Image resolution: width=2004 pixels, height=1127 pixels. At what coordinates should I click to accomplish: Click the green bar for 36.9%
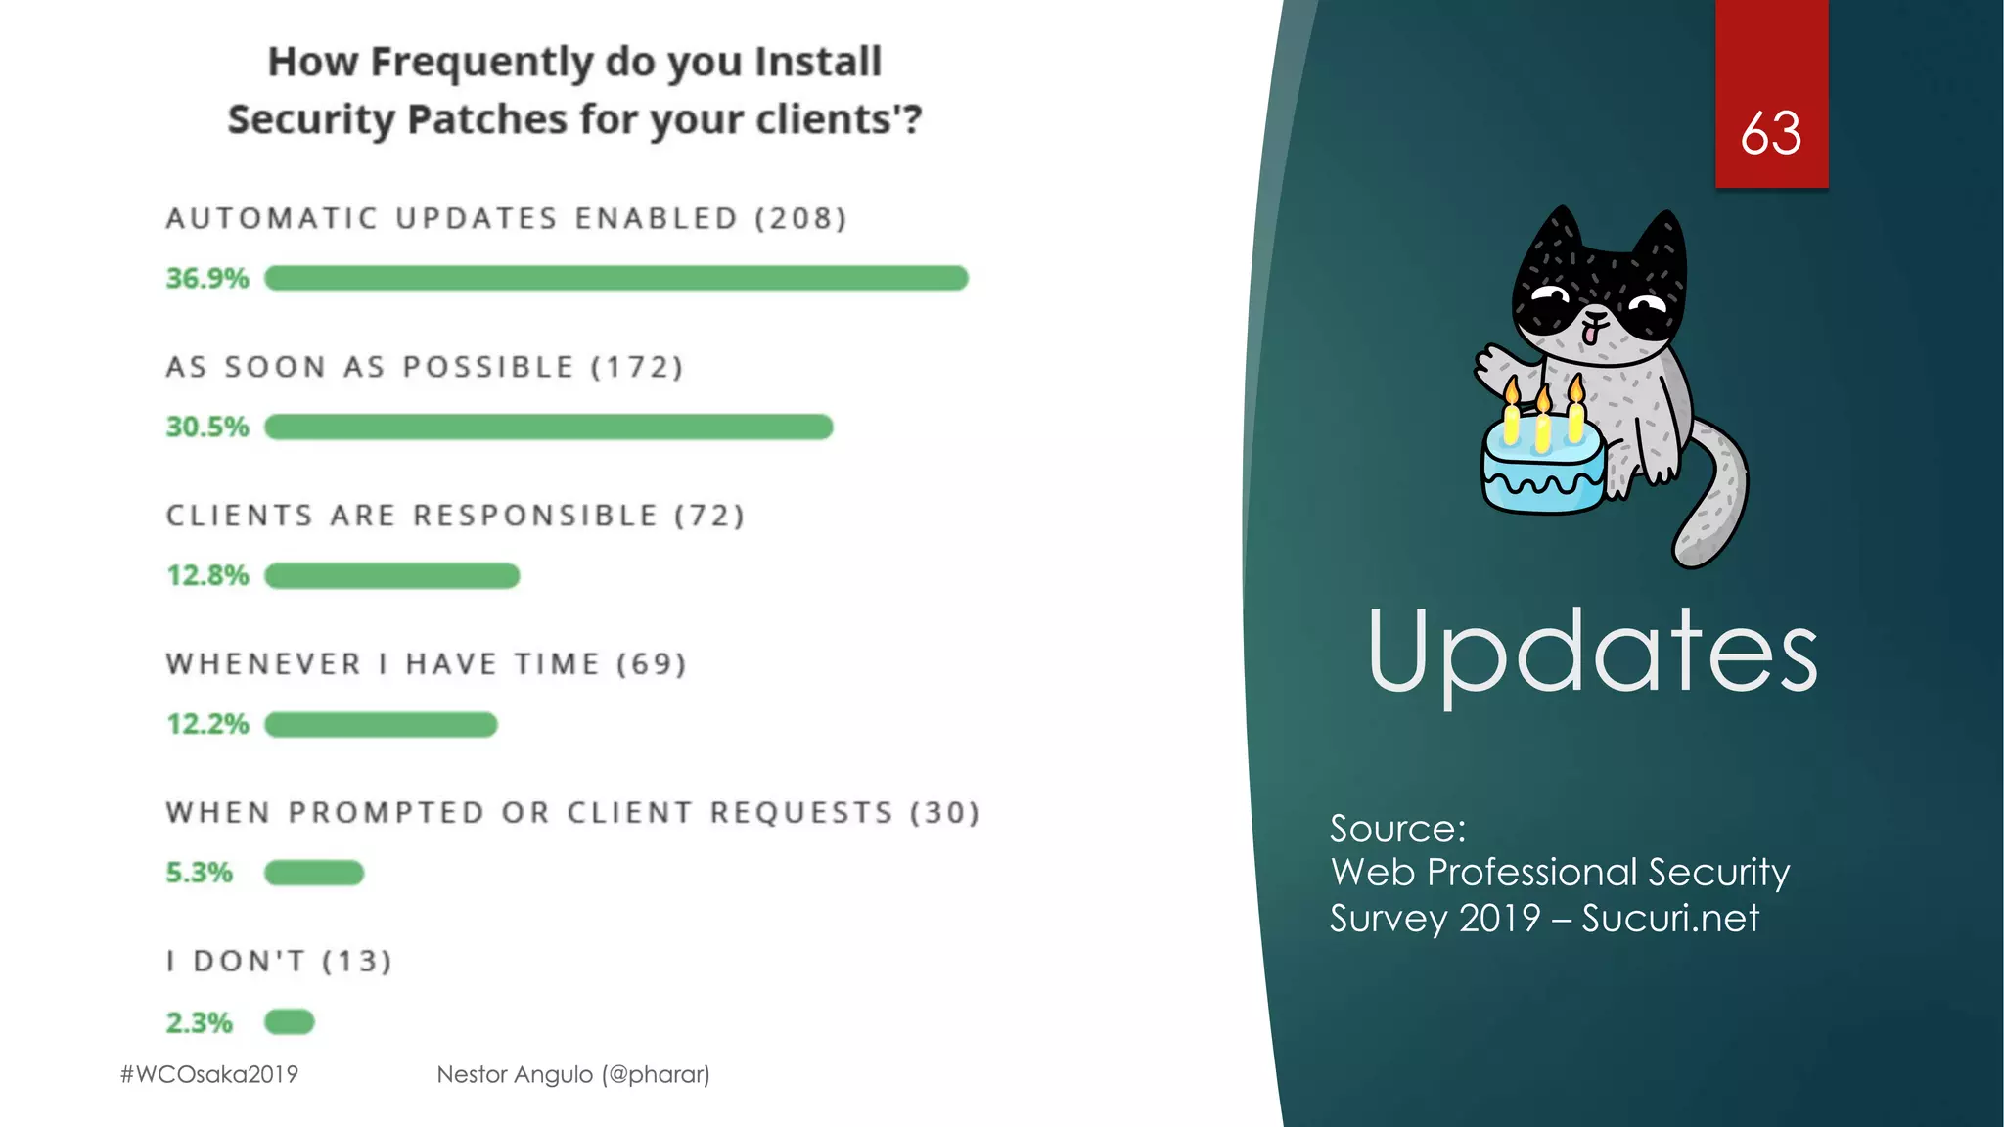coord(616,279)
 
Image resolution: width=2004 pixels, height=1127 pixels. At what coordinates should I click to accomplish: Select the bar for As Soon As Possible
coord(548,428)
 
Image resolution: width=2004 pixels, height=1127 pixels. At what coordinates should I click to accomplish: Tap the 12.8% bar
coord(391,576)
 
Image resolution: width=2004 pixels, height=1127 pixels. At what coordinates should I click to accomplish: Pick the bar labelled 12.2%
coord(381,725)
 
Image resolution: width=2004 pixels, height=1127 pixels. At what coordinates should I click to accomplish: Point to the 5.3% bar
coord(314,873)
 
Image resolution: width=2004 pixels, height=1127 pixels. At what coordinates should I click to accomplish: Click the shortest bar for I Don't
coord(290,1022)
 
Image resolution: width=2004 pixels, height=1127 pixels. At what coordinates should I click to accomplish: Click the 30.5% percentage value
coord(207,428)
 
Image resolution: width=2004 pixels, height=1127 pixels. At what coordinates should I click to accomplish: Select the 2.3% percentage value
coord(200,1023)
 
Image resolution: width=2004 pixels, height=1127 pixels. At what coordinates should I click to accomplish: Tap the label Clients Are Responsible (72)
coord(455,516)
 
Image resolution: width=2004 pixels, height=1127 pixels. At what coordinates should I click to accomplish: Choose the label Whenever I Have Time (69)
coord(426,664)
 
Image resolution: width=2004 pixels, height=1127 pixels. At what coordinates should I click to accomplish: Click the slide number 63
coord(1771,133)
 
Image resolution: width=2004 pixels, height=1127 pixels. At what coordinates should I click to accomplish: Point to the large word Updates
coord(1592,652)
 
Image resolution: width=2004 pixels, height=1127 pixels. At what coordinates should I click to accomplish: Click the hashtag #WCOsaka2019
coord(209,1074)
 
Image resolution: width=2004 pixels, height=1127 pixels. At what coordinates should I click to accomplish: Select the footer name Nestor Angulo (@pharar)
coord(573,1074)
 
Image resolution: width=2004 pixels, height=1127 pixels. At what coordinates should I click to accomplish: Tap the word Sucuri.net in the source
coord(1670,919)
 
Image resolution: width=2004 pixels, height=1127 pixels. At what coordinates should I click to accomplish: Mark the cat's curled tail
coord(1717,499)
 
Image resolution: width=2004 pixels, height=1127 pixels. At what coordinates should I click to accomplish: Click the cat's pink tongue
coord(1592,334)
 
